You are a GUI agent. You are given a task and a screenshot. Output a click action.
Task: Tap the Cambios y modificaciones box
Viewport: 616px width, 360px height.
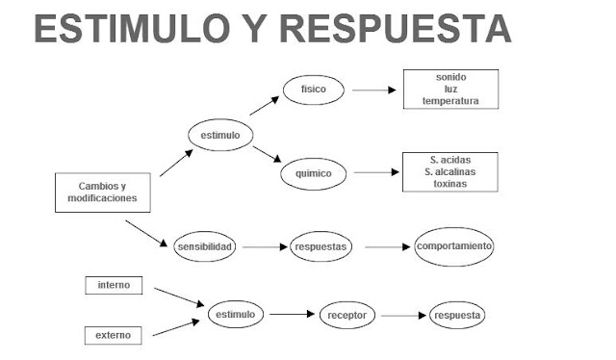pyautogui.click(x=102, y=193)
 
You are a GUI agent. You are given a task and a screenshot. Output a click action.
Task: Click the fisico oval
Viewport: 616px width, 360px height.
pyautogui.click(x=313, y=90)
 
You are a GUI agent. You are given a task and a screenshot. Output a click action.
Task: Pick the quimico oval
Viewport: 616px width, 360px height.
pyautogui.click(x=313, y=174)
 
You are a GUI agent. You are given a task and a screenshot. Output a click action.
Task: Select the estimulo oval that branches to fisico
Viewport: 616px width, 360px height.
pyautogui.click(x=219, y=136)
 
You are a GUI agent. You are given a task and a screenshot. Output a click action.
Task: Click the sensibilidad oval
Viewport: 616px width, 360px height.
pyautogui.click(x=205, y=246)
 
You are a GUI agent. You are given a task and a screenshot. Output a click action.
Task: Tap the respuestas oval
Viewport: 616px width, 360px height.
pyautogui.click(x=321, y=246)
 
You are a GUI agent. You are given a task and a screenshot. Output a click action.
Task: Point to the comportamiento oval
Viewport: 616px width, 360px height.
pyautogui.click(x=454, y=246)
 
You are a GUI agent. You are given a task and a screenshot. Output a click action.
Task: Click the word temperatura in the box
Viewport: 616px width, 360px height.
pyautogui.click(x=450, y=101)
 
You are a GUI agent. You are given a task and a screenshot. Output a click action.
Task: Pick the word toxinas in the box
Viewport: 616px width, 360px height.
pyautogui.click(x=450, y=183)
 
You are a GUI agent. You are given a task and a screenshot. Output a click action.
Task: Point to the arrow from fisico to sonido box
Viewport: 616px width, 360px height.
pyautogui.click(x=374, y=90)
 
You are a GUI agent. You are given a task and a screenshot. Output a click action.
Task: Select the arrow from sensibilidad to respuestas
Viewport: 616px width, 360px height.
pyautogui.click(x=265, y=246)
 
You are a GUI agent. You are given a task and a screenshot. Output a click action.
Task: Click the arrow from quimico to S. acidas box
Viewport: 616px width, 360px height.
pyautogui.click(x=374, y=174)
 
